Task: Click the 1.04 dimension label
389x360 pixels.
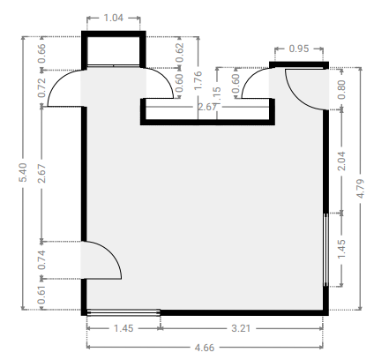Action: pyautogui.click(x=114, y=18)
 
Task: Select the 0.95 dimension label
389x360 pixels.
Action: pyautogui.click(x=299, y=49)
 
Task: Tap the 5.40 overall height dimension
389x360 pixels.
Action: pyautogui.click(x=23, y=172)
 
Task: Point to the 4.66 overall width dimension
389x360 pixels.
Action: pyautogui.click(x=205, y=348)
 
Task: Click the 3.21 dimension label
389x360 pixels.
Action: pyautogui.click(x=241, y=328)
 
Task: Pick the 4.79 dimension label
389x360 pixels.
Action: pyautogui.click(x=361, y=188)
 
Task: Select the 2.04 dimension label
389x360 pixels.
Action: pyautogui.click(x=341, y=161)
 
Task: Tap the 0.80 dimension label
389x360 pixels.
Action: pyautogui.click(x=341, y=90)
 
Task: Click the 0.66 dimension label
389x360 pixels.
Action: pyautogui.click(x=42, y=53)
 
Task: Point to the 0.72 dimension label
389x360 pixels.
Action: pyautogui.click(x=42, y=87)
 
